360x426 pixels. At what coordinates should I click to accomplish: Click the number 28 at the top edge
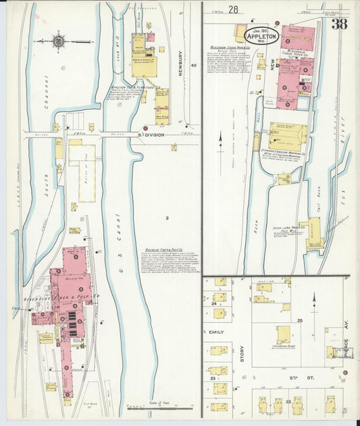point(234,9)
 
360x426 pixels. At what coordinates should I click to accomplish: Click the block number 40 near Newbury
point(193,66)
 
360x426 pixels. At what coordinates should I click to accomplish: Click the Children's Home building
point(284,335)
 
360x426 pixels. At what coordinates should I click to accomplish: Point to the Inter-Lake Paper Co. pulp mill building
point(312,233)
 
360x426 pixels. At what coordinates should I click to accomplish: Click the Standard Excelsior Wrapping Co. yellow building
point(288,135)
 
